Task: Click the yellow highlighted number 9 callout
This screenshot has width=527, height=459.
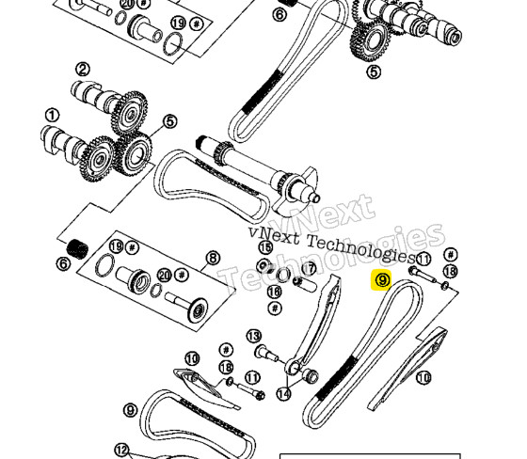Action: (x=382, y=281)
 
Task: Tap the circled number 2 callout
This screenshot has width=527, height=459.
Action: (x=83, y=69)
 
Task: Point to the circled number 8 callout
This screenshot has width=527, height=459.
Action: (x=213, y=257)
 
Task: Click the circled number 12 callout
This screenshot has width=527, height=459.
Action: (x=121, y=450)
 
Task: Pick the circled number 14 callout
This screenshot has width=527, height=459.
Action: (x=283, y=395)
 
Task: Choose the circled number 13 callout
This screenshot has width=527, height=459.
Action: (x=252, y=336)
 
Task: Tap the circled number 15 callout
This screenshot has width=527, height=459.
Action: (x=264, y=246)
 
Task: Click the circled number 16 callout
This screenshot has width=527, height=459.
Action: (x=274, y=292)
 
